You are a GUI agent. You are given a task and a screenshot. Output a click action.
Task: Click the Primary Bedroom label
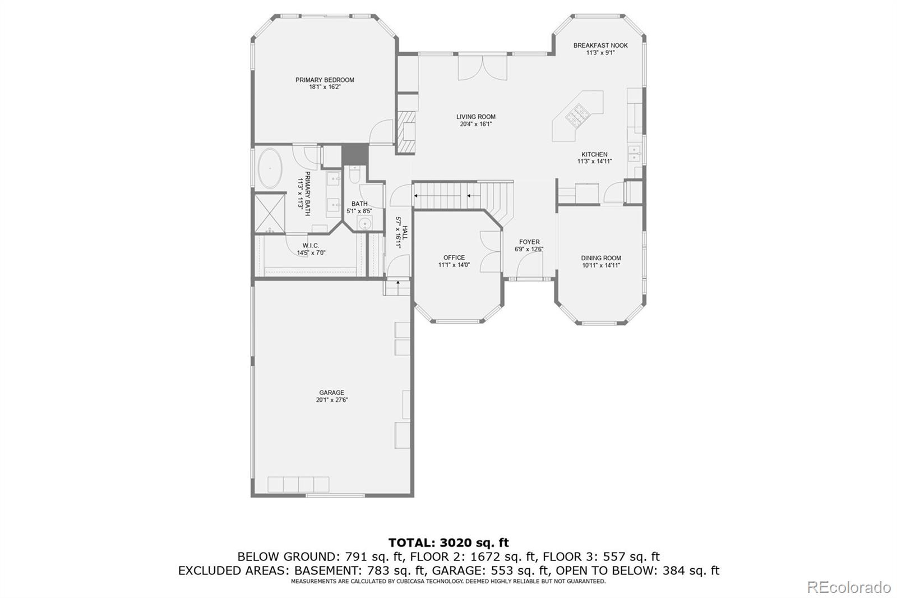coord(325,80)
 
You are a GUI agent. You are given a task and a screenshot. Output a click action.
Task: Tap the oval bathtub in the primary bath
coord(270,169)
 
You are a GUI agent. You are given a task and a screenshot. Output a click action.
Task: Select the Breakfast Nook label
coord(600,45)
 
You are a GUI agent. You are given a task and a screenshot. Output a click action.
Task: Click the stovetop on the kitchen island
coord(576,116)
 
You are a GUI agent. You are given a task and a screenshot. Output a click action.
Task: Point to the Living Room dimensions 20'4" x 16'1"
coord(476,124)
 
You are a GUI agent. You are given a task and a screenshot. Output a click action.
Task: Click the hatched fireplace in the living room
coord(406,132)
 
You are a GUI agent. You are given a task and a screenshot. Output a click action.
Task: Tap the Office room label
coord(454,257)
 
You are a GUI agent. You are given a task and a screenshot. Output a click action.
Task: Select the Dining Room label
coord(601,258)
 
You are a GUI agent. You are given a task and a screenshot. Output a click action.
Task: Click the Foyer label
coord(529,242)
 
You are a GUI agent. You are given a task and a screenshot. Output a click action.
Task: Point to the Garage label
coord(331,392)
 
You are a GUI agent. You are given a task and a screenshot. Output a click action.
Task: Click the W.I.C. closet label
coord(311,245)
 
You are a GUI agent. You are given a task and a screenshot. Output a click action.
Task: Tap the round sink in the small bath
coord(365,223)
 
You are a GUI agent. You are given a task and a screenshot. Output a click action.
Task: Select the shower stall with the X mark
coord(270,213)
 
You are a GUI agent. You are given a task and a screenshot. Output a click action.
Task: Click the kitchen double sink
coord(634,154)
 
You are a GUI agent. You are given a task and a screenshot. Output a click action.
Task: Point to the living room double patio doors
coord(483,67)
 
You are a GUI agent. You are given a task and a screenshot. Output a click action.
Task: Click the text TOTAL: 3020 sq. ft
coord(449,542)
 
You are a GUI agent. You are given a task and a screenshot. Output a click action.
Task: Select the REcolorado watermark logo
coord(849,587)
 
